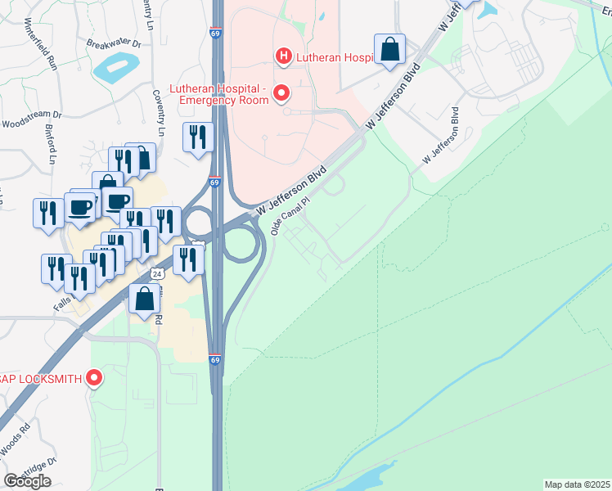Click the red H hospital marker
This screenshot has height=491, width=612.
point(283,56)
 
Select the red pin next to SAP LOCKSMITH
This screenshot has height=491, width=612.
point(94,378)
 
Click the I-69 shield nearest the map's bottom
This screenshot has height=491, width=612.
point(214,359)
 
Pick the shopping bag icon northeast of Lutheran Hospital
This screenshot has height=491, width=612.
point(390,50)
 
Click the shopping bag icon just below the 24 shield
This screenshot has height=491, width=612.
point(145,300)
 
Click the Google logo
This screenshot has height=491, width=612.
point(27,481)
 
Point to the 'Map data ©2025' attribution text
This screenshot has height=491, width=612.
point(578,484)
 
